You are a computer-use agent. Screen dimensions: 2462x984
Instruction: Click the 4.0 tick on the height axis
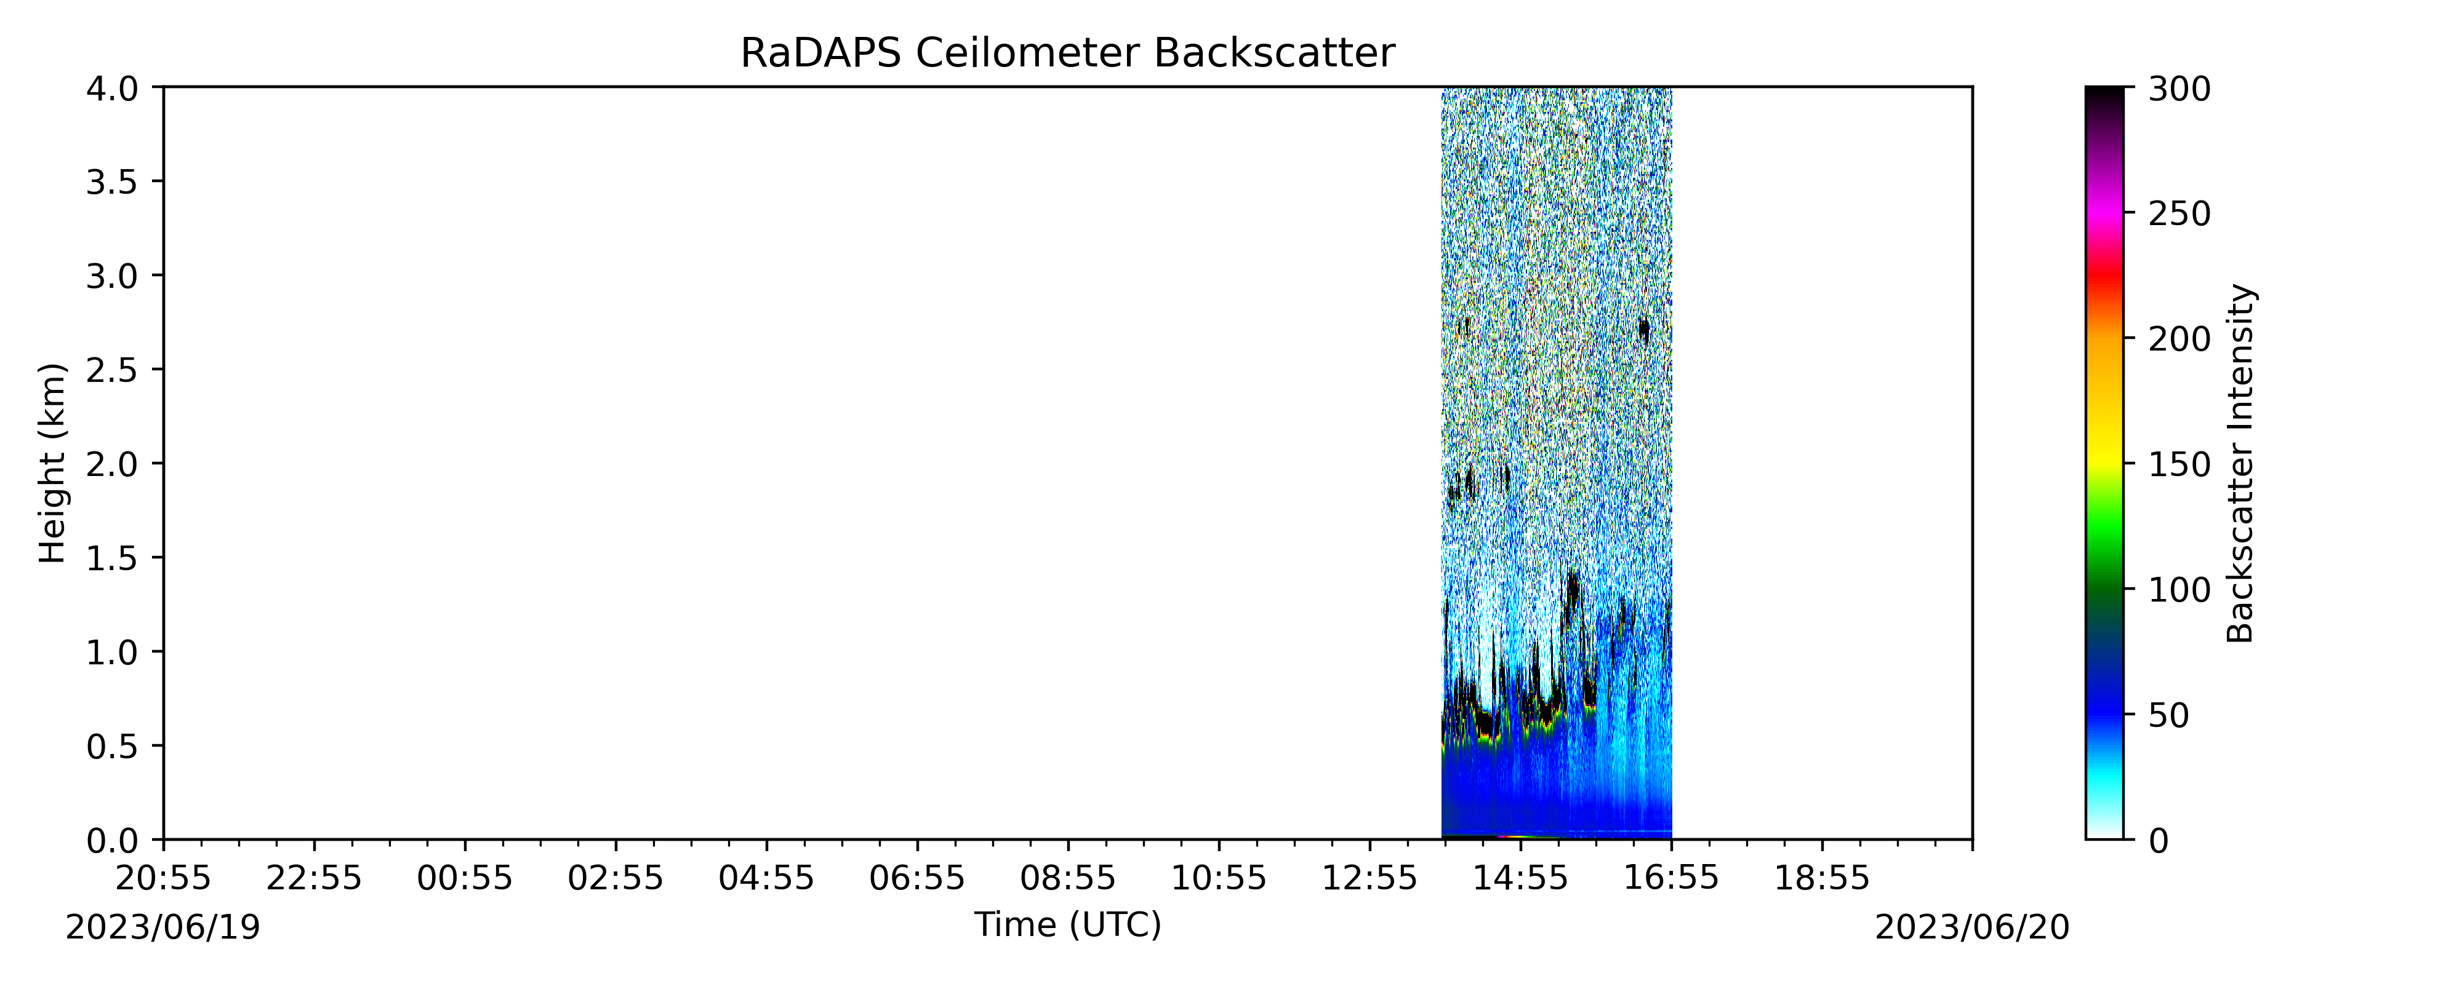click(112, 88)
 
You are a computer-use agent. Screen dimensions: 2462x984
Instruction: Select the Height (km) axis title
click(52, 463)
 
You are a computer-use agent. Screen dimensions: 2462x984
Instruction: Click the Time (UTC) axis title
click(1067, 925)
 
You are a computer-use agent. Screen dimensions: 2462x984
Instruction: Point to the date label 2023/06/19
click(162, 927)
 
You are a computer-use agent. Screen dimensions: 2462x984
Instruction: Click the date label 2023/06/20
click(1971, 927)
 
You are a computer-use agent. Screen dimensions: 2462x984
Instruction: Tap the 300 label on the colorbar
click(2179, 89)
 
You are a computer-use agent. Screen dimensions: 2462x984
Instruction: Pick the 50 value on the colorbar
click(2168, 715)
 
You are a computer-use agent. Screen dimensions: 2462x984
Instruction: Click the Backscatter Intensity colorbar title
click(2240, 463)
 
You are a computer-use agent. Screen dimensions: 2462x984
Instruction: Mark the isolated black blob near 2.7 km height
click(1644, 330)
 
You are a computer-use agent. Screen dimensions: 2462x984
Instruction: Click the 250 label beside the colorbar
click(2179, 214)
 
